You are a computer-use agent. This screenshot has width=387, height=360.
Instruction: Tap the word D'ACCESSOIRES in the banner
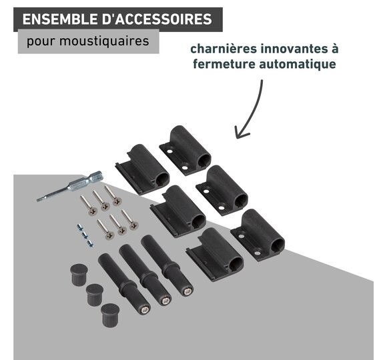pos(157,19)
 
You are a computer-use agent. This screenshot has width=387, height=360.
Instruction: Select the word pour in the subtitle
pos(41,41)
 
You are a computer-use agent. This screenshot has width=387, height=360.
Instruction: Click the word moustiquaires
pos(104,41)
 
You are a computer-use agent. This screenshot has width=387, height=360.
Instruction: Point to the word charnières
pos(224,49)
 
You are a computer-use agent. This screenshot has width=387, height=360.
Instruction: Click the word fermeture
pos(224,64)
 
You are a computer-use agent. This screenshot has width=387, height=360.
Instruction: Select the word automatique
pos(298,64)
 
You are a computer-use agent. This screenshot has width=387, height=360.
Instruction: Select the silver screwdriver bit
pos(70,186)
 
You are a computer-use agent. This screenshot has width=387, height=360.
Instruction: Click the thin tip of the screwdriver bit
pos(37,200)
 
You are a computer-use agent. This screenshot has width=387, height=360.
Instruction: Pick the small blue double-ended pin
pos(85,235)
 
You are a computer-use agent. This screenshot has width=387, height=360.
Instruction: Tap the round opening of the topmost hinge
pos(204,160)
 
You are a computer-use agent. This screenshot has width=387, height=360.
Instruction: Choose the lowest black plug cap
pos(110,315)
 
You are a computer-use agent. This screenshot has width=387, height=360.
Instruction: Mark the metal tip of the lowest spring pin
pos(145,310)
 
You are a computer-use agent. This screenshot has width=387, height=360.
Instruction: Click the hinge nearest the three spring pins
pos(215,255)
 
